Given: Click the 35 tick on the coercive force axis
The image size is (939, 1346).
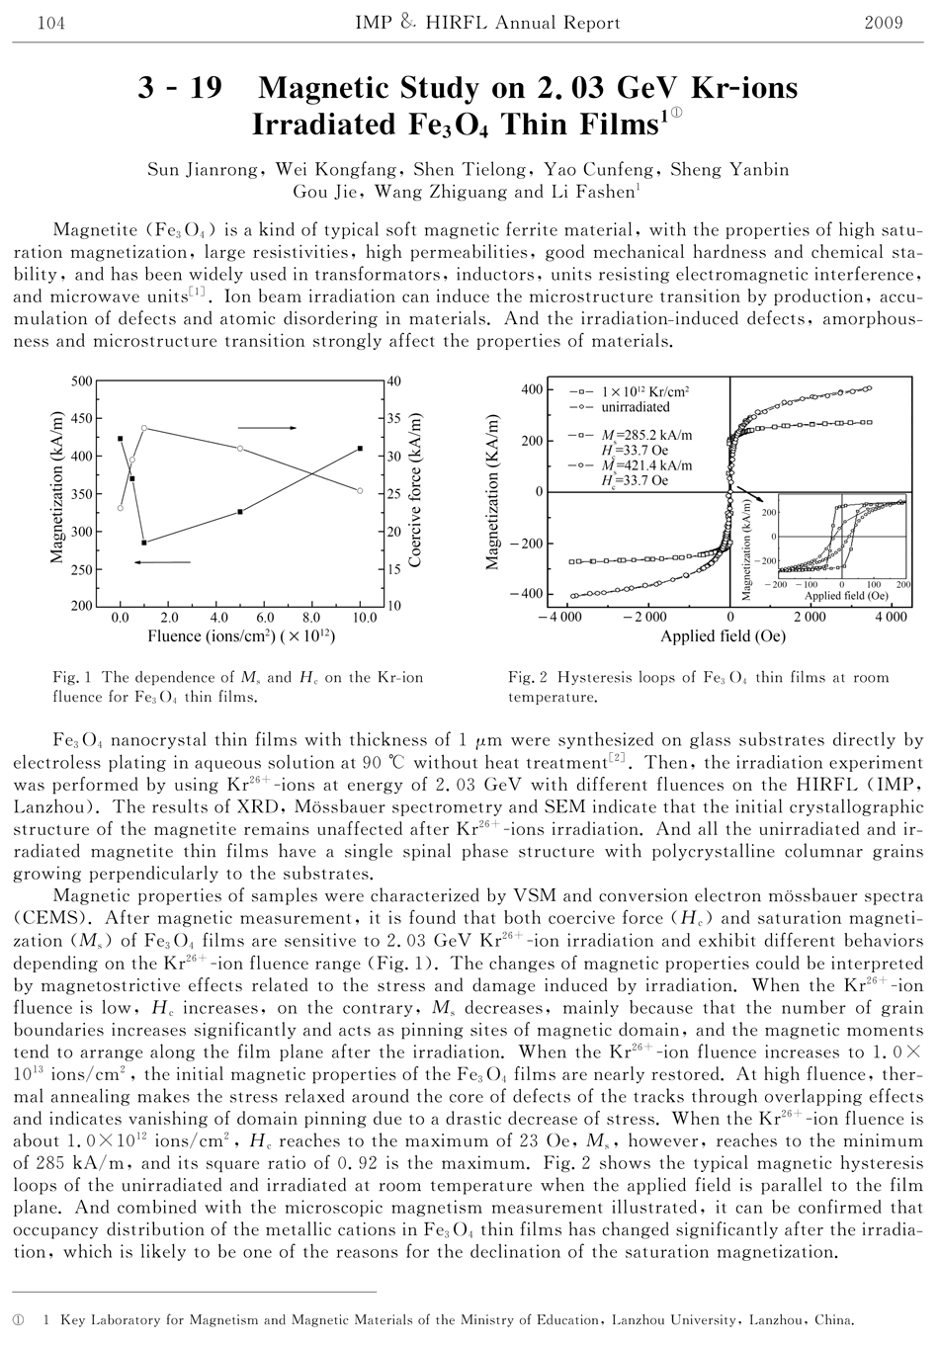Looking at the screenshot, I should pyautogui.click(x=393, y=418).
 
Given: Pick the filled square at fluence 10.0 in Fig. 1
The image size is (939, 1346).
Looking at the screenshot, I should pyautogui.click(x=360, y=449).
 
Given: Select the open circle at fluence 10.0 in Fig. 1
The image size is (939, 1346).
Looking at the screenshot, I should pyautogui.click(x=360, y=491).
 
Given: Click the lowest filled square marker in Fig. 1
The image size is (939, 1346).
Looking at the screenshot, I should pyautogui.click(x=144, y=543).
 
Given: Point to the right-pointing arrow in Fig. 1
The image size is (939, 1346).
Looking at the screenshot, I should pyautogui.click(x=268, y=428).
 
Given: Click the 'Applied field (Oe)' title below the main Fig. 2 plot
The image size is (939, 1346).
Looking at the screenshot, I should pyautogui.click(x=723, y=636).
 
